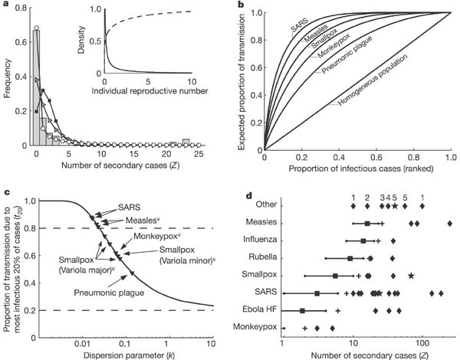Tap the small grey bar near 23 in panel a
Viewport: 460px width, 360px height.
(186, 141)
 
